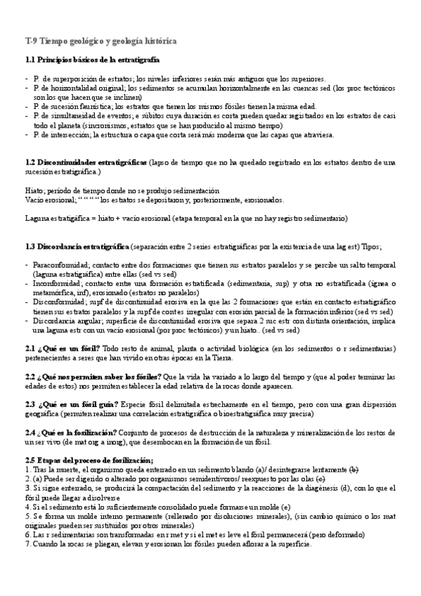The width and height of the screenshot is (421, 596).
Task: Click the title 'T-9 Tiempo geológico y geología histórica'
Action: [x=101, y=42]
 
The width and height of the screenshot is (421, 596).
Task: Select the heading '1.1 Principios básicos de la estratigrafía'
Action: [x=91, y=61]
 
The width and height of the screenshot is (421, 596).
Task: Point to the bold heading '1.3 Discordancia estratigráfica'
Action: [x=76, y=246]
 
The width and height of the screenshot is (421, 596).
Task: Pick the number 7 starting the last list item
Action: [x=27, y=545]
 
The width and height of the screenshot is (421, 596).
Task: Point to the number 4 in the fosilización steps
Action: [x=27, y=507]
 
